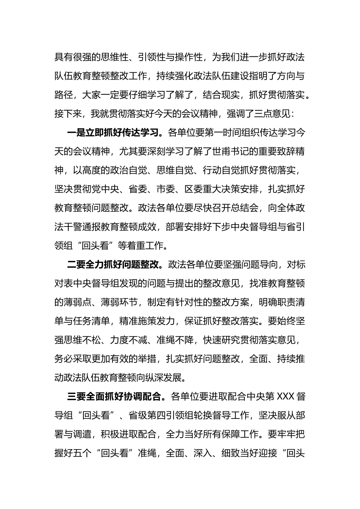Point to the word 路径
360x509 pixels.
coord(64,95)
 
